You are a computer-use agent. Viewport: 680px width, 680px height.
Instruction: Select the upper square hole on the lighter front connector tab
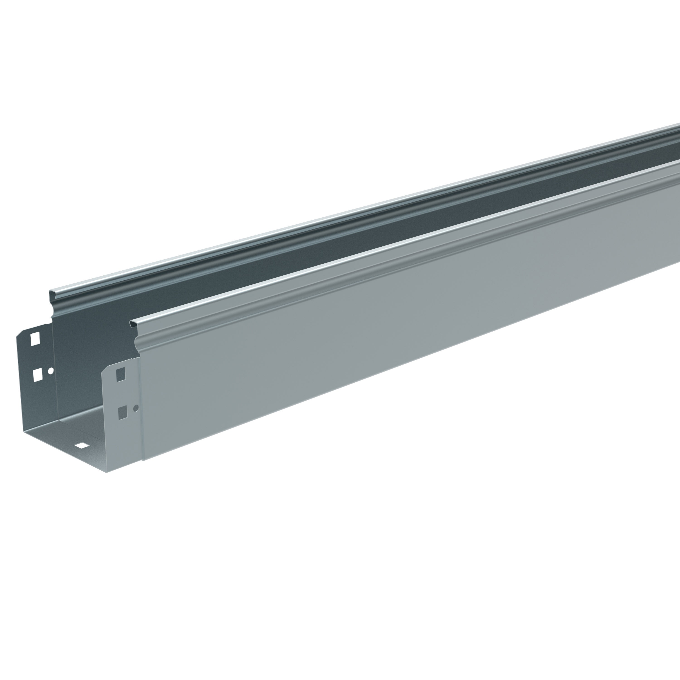pos(121,374)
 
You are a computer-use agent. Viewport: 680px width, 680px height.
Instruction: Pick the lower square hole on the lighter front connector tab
pos(122,412)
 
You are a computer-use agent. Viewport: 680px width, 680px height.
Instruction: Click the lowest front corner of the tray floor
pos(106,472)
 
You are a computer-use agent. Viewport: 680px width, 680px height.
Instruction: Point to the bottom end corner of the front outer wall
pos(144,460)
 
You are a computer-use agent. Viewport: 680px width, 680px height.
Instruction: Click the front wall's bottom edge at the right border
pos(679,262)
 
